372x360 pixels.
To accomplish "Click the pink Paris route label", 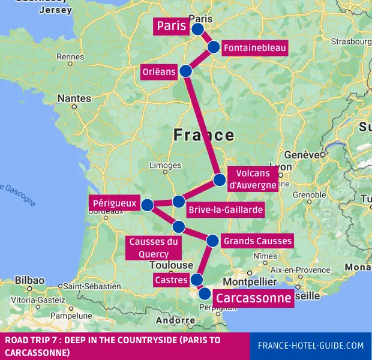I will (170, 26).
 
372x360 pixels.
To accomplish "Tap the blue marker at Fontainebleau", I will (214, 47).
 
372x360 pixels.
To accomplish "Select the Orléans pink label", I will (159, 72).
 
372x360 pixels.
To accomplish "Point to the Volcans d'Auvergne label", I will (253, 179).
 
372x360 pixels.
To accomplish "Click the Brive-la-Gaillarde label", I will (225, 210).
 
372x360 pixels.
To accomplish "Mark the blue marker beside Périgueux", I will (147, 205).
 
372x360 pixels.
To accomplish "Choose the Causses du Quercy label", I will (154, 248).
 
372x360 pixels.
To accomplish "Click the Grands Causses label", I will (257, 241).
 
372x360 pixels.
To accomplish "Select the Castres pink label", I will (170, 280).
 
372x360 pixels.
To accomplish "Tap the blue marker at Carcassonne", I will (205, 294).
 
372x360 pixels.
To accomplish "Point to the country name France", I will (203, 135).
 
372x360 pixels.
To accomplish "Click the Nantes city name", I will (75, 98).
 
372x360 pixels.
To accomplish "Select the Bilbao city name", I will (30, 280).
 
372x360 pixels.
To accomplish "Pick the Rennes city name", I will (70, 57).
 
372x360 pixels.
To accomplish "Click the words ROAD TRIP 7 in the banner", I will (28, 341).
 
